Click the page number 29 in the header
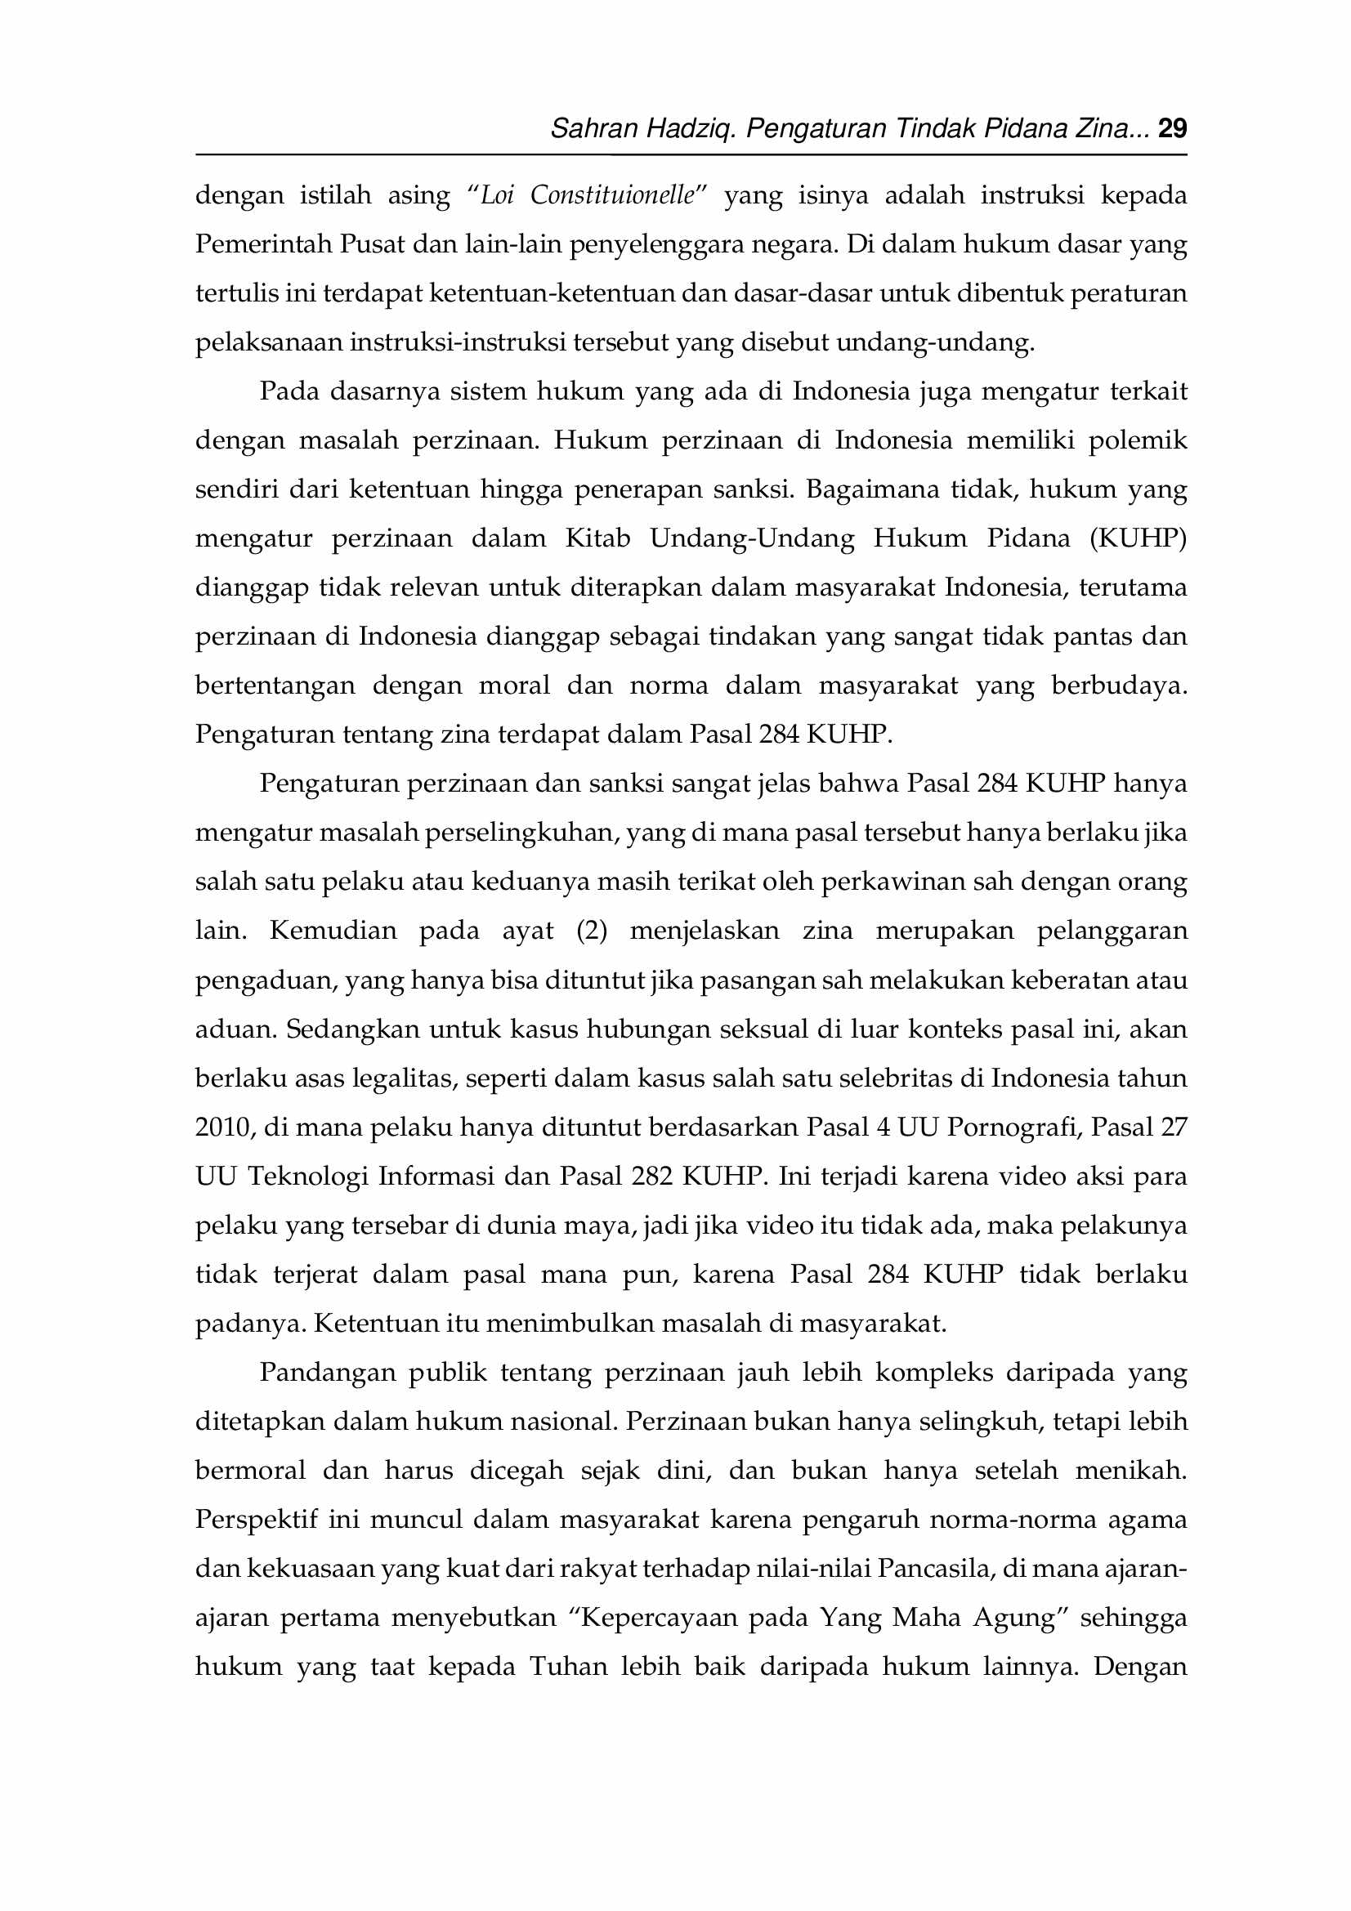click(x=1172, y=128)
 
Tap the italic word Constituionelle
click(x=613, y=194)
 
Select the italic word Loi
click(x=497, y=194)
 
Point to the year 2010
click(x=224, y=1127)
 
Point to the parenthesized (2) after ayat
click(x=592, y=931)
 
